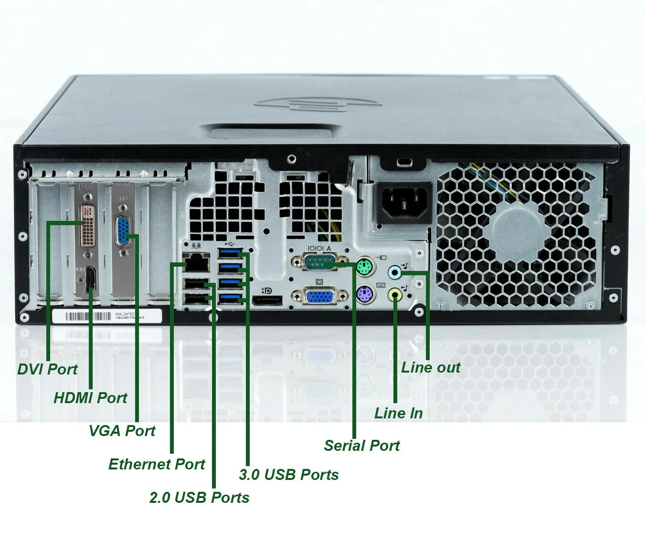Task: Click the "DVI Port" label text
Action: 47,369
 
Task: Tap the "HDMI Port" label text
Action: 90,397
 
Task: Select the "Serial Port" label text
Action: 361,446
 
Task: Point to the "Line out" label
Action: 431,367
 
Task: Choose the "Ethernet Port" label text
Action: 157,464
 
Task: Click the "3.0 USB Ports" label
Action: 288,475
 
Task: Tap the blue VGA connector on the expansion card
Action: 124,231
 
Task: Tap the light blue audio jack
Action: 395,272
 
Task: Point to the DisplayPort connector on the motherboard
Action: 267,301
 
